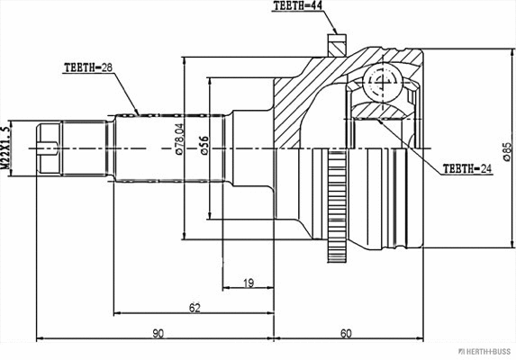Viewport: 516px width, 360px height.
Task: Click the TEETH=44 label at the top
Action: pyautogui.click(x=298, y=6)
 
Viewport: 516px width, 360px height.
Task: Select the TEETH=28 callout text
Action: pyautogui.click(x=88, y=67)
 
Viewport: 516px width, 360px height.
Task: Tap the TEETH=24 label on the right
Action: pyautogui.click(x=466, y=168)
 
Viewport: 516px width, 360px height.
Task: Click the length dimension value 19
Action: pyautogui.click(x=248, y=283)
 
